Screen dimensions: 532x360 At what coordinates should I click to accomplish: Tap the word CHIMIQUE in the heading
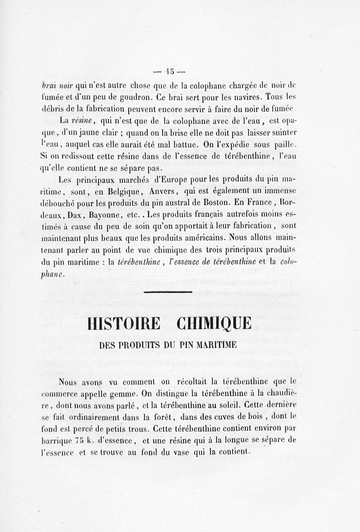pyautogui.click(x=214, y=325)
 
